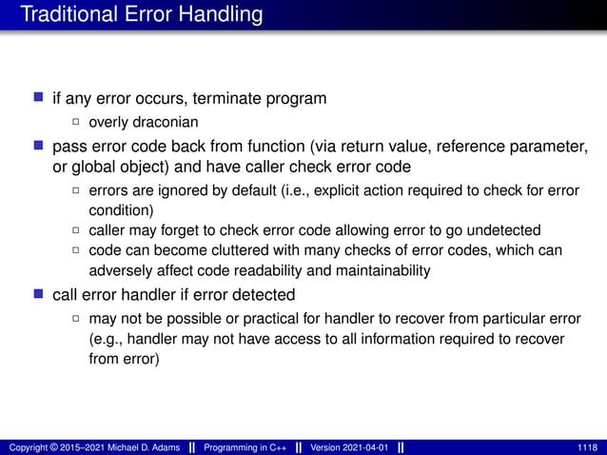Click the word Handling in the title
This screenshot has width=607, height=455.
point(219,14)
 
